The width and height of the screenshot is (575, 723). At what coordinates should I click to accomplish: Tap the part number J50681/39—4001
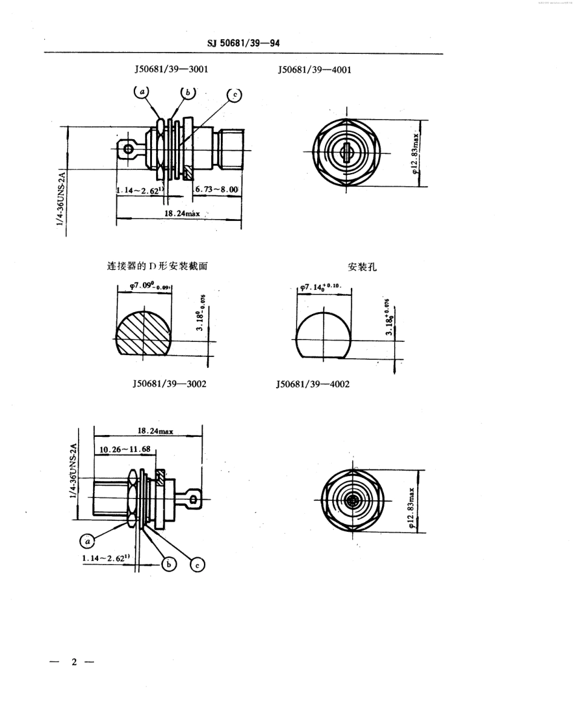[315, 70]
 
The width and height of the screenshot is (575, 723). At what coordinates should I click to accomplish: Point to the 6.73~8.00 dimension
[217, 189]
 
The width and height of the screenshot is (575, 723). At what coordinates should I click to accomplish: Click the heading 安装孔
[363, 267]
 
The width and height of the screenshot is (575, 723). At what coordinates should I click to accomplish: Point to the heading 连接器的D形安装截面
[159, 266]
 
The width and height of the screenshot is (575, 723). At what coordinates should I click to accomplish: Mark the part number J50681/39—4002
[312, 384]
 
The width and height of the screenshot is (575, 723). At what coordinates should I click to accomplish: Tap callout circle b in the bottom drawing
[169, 564]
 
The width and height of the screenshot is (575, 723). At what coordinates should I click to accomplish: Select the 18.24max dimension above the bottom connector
[156, 431]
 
